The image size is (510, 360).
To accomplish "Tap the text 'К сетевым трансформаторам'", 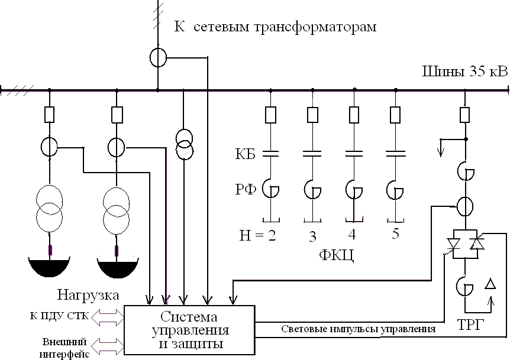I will (276, 27).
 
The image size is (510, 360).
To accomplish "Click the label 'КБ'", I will (244, 155).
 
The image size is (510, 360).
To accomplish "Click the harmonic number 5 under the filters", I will (395, 233).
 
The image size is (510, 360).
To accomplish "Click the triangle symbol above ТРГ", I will (490, 285).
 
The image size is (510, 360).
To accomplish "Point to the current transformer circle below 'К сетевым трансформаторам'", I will (157, 57).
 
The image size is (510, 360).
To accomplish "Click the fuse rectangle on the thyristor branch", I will (465, 113).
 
